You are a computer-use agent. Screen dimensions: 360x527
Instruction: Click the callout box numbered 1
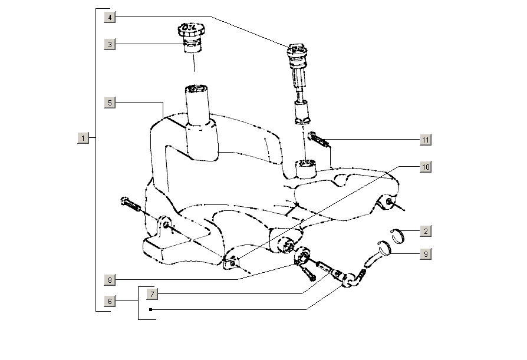point(83,138)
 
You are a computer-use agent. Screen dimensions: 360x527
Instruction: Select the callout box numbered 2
point(425,232)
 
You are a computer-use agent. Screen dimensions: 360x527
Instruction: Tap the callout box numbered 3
point(109,44)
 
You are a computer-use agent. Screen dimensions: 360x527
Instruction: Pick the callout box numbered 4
point(109,17)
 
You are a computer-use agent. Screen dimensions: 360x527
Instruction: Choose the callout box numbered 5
point(109,103)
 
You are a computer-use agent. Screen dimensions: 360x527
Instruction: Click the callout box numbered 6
point(109,301)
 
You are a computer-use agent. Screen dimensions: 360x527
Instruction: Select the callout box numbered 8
point(109,279)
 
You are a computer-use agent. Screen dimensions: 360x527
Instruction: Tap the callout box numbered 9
point(425,255)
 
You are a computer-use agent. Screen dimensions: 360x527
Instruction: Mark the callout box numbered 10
point(425,167)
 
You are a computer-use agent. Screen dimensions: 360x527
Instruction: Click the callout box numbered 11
point(425,140)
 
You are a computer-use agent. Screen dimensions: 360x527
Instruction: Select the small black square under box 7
point(151,309)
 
